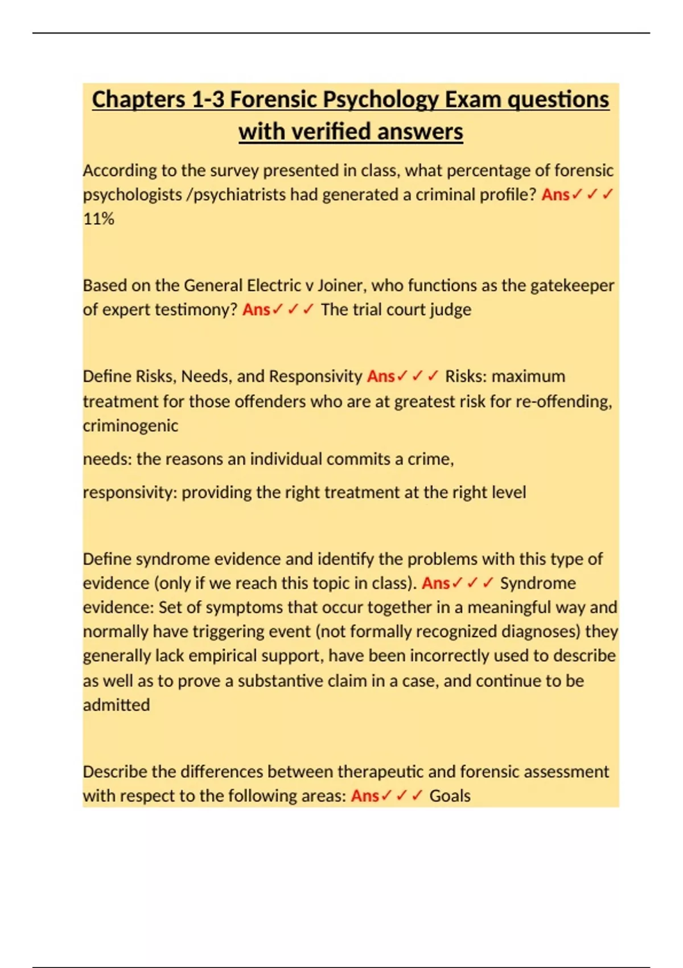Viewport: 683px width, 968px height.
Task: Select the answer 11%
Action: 98,219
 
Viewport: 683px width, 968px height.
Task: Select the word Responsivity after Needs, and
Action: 315,376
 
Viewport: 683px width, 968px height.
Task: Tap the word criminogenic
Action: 130,425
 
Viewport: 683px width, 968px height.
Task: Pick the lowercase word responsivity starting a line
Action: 130,492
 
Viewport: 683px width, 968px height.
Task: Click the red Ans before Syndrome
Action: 436,583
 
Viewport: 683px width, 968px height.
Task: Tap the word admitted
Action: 117,705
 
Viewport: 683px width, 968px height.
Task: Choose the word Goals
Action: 450,795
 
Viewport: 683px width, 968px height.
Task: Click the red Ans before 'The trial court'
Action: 256,310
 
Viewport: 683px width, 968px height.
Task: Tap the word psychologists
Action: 132,195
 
